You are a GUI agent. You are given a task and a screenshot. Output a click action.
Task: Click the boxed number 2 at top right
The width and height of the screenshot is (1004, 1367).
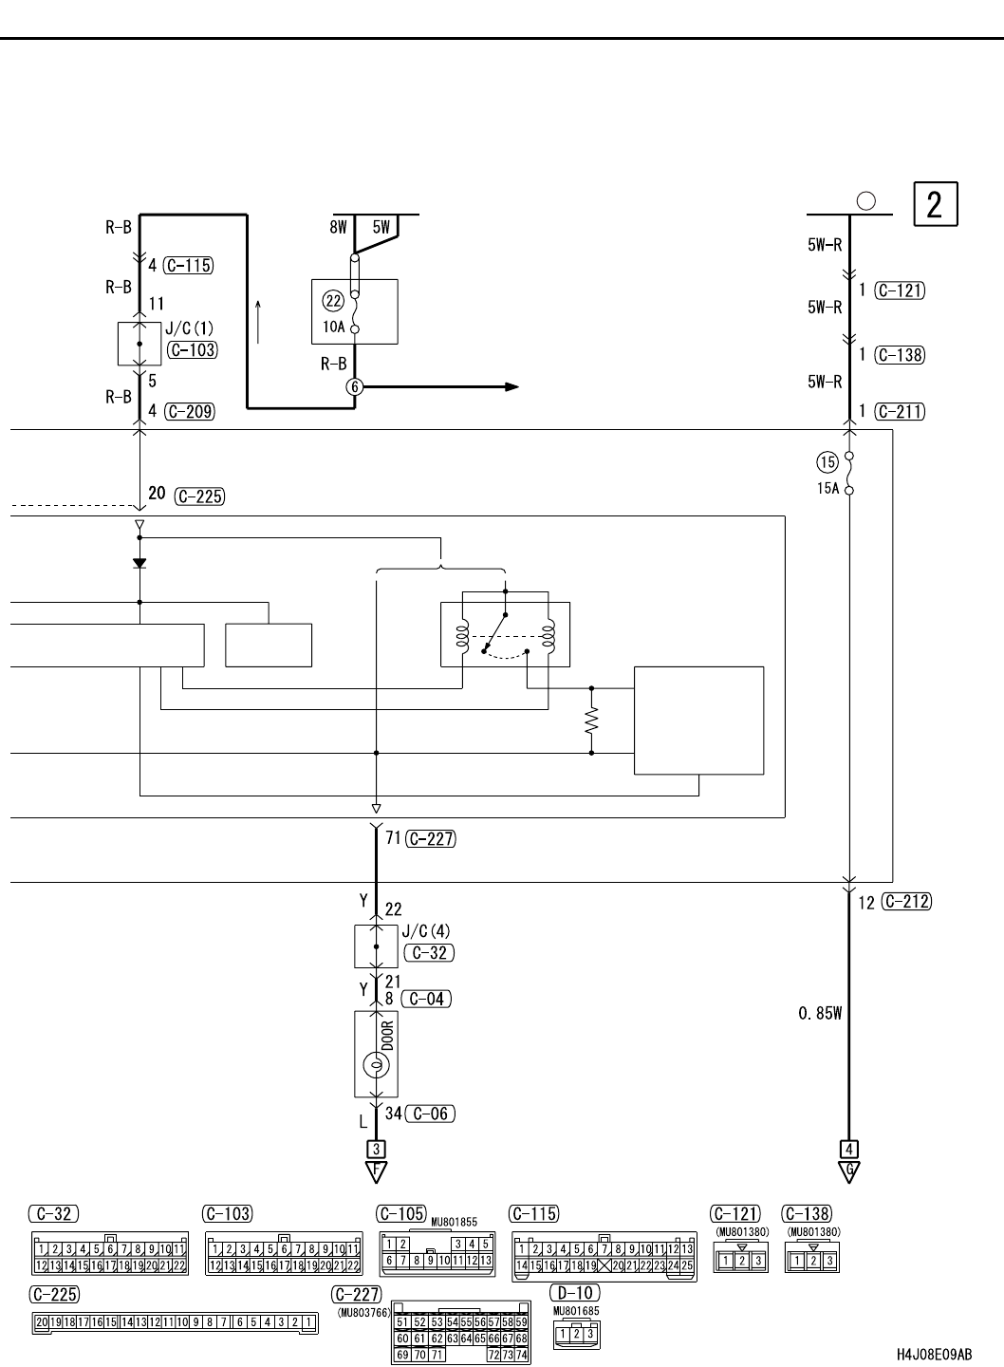(x=935, y=204)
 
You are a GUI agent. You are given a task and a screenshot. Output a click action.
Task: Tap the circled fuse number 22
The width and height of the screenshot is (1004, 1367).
(x=332, y=302)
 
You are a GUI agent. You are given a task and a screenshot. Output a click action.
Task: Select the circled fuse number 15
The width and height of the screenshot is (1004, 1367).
(x=827, y=462)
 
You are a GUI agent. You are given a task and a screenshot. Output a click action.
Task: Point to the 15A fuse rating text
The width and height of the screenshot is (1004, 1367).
(x=827, y=489)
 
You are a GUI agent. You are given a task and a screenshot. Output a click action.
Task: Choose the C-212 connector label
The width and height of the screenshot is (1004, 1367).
(x=906, y=902)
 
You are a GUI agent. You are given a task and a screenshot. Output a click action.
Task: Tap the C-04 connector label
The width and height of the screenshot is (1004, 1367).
(x=426, y=999)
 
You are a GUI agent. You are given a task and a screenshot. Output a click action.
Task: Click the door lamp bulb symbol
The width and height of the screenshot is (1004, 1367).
(x=376, y=1067)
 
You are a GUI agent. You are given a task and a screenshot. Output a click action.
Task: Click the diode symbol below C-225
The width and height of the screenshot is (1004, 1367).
(x=139, y=562)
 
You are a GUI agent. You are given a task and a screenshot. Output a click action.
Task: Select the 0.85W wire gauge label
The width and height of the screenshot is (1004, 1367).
(x=820, y=1014)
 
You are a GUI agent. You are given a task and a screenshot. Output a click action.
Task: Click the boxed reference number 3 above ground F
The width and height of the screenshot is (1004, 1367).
(x=376, y=1147)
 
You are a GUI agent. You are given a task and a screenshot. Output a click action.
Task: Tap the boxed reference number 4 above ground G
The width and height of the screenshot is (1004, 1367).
(x=849, y=1147)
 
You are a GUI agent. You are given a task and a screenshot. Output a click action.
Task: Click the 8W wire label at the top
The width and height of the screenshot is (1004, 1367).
(x=339, y=227)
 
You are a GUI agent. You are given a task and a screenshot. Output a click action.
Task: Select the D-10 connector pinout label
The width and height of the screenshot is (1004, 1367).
(x=575, y=1293)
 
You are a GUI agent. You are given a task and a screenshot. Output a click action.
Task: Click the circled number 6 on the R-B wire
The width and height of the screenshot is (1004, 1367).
(x=355, y=386)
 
